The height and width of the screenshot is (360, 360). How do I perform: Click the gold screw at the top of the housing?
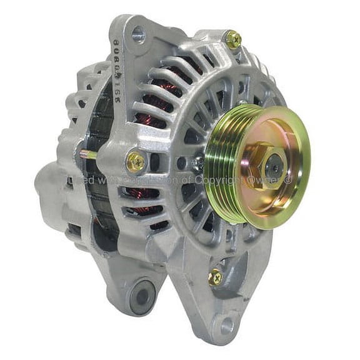pos(234,40)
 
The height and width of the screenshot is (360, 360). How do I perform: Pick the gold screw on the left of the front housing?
pos(136,162)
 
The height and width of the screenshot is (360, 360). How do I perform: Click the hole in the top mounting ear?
pos(138,36)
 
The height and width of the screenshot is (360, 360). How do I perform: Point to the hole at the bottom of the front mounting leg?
pos(224,325)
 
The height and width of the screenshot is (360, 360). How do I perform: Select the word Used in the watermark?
pos(81,181)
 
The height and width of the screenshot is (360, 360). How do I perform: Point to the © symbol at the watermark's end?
pos(288,180)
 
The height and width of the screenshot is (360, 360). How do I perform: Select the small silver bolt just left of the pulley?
pos(197,164)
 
